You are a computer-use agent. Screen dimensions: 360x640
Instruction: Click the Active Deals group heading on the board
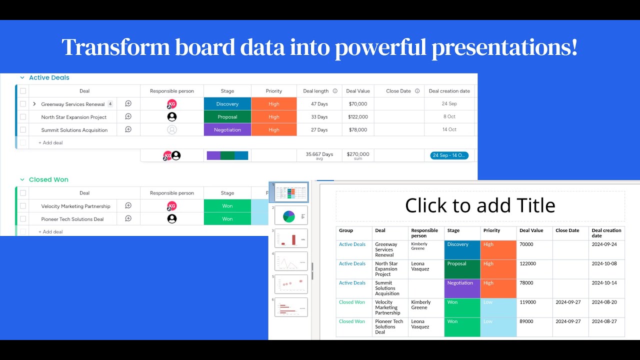pos(49,77)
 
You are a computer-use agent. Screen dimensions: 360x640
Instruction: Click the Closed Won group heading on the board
pos(48,179)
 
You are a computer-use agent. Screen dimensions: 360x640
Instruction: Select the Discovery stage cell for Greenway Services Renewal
pos(227,104)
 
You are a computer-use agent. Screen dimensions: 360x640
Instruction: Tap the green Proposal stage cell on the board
pos(227,117)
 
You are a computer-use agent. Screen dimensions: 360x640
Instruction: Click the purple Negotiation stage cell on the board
pos(227,130)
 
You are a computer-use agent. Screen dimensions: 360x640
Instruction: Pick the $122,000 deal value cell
pos(358,117)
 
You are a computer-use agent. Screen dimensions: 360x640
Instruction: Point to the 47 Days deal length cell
pos(319,104)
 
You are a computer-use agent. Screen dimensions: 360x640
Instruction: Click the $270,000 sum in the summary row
pos(358,154)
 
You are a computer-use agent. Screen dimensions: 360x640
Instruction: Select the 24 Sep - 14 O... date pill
pos(449,155)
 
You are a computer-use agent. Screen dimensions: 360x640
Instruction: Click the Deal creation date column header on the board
pos(449,91)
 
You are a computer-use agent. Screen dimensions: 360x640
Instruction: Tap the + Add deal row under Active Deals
pos(50,143)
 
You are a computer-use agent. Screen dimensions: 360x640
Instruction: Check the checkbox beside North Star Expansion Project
pos(23,117)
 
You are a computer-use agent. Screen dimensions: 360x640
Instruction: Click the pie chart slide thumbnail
pos(291,215)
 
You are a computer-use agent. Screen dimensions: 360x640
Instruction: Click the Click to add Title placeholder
pos(480,205)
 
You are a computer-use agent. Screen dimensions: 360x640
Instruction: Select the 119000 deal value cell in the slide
pos(527,302)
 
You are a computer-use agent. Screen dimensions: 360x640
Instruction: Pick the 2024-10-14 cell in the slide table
pos(604,283)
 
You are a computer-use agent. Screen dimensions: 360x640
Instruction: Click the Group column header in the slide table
pos(346,230)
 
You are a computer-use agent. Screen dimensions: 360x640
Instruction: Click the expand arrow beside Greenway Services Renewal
pos(34,104)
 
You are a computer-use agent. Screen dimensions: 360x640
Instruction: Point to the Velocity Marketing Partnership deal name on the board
pos(75,206)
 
